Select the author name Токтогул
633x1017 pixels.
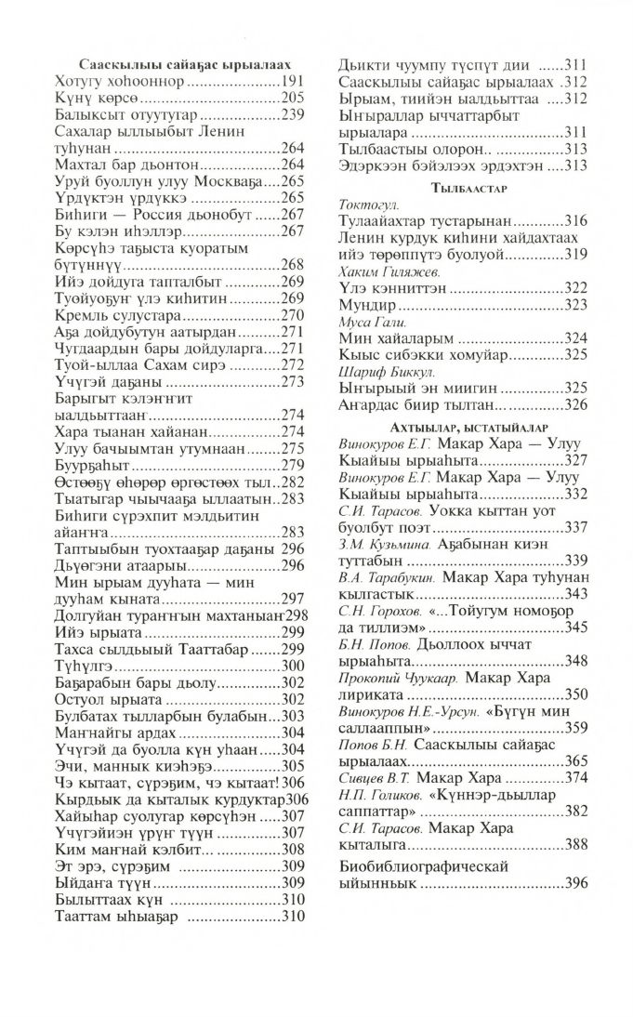369,204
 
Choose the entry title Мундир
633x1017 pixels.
368,304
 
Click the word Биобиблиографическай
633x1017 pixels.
422,865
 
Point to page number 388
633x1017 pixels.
575,844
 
